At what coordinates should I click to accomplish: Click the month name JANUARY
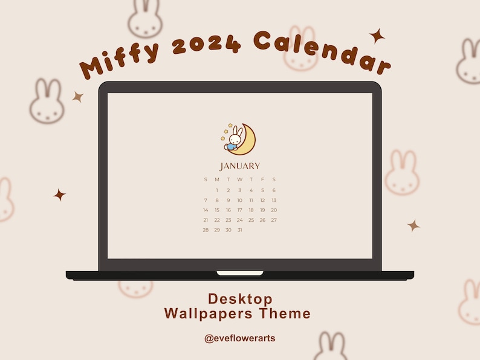pos(239,166)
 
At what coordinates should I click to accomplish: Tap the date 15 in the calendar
pos(217,210)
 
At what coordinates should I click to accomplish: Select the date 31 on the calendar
pos(239,230)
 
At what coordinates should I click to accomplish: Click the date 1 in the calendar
pos(217,190)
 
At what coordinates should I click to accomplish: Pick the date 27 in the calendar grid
pos(274,220)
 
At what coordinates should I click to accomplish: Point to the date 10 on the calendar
pos(239,201)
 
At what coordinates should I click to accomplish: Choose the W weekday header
pos(239,179)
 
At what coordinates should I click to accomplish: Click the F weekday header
pos(262,179)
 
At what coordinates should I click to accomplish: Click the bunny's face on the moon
pos(235,140)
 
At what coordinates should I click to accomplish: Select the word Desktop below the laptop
pos(240,299)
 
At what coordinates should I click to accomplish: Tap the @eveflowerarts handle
pos(239,338)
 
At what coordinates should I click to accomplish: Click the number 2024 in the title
pos(207,43)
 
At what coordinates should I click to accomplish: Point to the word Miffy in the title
pos(119,60)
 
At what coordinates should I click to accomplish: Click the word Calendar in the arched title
pos(322,52)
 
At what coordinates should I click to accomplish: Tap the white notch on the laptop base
pos(240,273)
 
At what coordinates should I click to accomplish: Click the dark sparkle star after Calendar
pos(377,36)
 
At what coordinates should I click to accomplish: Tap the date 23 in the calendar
pos(229,220)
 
